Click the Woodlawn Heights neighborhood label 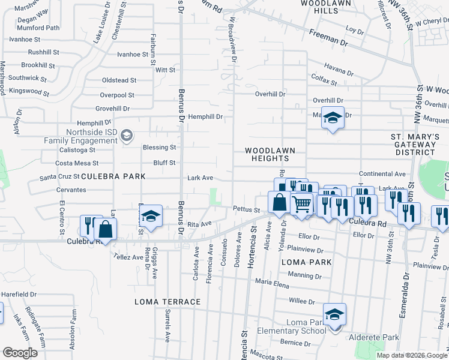[266, 154]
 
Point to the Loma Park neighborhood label [306, 262]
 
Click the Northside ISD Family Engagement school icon [126, 136]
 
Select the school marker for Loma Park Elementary [334, 314]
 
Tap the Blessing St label [159, 147]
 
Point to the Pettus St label [246, 210]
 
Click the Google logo [20, 353]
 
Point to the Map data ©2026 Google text [411, 355]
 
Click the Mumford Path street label [39, 28]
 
